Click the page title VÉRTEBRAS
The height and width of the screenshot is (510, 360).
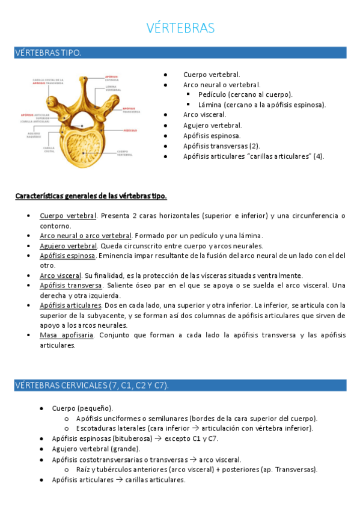tap(180, 28)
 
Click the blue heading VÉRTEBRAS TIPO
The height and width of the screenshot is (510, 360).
tap(47, 54)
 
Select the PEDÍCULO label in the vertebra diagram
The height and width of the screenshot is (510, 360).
tap(130, 129)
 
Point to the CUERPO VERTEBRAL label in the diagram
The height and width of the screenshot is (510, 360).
tap(124, 153)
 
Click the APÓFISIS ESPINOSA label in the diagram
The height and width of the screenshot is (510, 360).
tap(112, 77)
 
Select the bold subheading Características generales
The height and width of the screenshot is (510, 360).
tap(91, 196)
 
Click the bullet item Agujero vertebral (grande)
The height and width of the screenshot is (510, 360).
tap(96, 449)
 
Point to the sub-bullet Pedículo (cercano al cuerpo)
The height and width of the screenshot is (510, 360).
tap(245, 94)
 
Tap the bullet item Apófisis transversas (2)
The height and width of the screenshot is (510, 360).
tap(221, 146)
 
